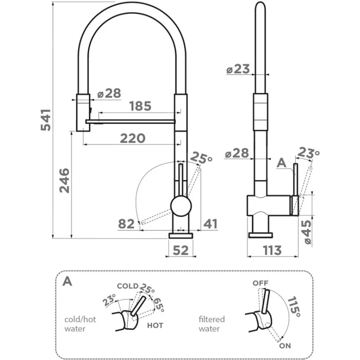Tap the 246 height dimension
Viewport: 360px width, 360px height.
[x=64, y=180]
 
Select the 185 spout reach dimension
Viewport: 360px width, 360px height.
[x=140, y=107]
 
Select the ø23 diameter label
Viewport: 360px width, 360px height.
[x=238, y=69]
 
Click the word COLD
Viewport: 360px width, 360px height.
[x=127, y=286]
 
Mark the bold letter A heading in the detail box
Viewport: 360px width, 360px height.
[x=67, y=281]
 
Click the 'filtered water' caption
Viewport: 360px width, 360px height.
[x=211, y=324]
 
